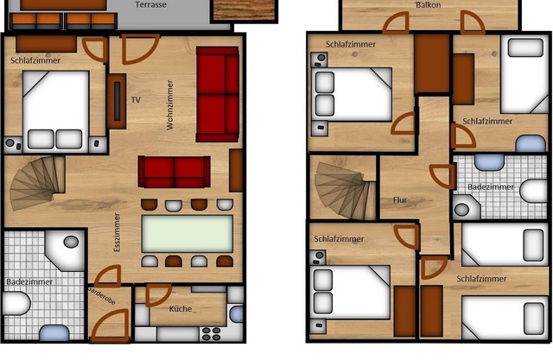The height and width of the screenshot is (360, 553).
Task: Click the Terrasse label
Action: (151, 5)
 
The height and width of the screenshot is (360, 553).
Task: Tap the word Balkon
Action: (428, 5)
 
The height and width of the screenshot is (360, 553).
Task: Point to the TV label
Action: (136, 100)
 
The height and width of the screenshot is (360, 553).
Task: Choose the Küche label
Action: (181, 308)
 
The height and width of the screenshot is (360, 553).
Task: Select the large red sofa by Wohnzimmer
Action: (217, 93)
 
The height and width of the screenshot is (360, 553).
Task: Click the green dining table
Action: (188, 233)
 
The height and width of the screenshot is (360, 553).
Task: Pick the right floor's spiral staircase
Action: (344, 187)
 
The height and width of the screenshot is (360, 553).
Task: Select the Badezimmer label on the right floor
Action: (488, 186)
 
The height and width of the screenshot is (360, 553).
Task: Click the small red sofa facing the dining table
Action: (175, 172)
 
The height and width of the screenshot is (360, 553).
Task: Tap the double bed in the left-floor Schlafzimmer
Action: (55, 111)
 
